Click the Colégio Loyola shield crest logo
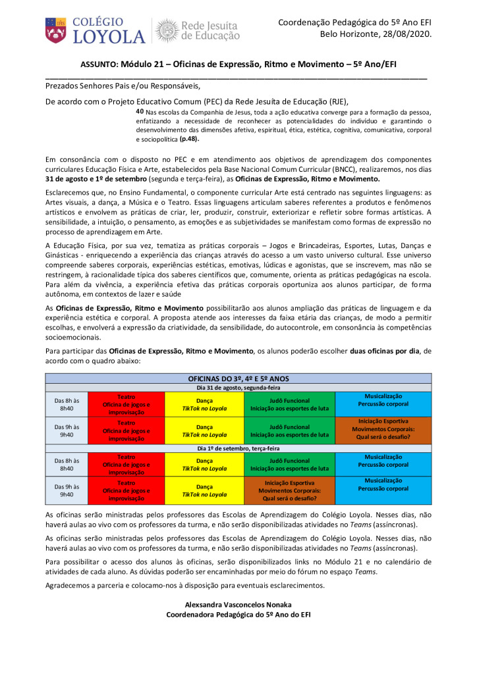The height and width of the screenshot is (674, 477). coord(55,31)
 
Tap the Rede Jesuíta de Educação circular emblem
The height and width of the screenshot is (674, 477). coord(166,31)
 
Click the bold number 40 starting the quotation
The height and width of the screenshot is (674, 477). coord(140,111)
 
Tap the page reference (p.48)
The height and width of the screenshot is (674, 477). coord(189,140)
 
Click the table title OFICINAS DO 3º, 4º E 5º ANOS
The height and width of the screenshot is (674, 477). coord(238,379)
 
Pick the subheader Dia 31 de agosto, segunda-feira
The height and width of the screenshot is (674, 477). coord(238,388)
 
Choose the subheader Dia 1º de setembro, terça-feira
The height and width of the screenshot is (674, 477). coord(238,448)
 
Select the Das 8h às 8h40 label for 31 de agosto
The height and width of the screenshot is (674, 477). coord(66,403)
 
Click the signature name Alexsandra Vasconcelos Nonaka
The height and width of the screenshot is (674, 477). coord(238,604)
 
